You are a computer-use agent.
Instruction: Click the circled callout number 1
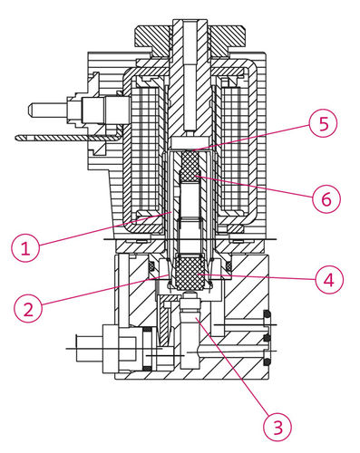pos(25,248)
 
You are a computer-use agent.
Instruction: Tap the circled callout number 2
pos(28,310)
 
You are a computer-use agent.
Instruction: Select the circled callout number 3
pos(277,427)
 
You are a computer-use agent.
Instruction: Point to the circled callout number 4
pos(329,279)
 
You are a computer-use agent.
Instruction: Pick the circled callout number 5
pos(323,123)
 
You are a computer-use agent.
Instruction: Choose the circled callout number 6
pos(326,198)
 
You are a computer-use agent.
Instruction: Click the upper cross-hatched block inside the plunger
pos(190,165)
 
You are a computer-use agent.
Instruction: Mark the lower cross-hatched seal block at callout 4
pos(190,273)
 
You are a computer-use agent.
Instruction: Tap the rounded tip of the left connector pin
pos(30,111)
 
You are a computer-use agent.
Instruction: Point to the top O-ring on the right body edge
pos(267,315)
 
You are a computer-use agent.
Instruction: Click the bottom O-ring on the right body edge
pos(267,362)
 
